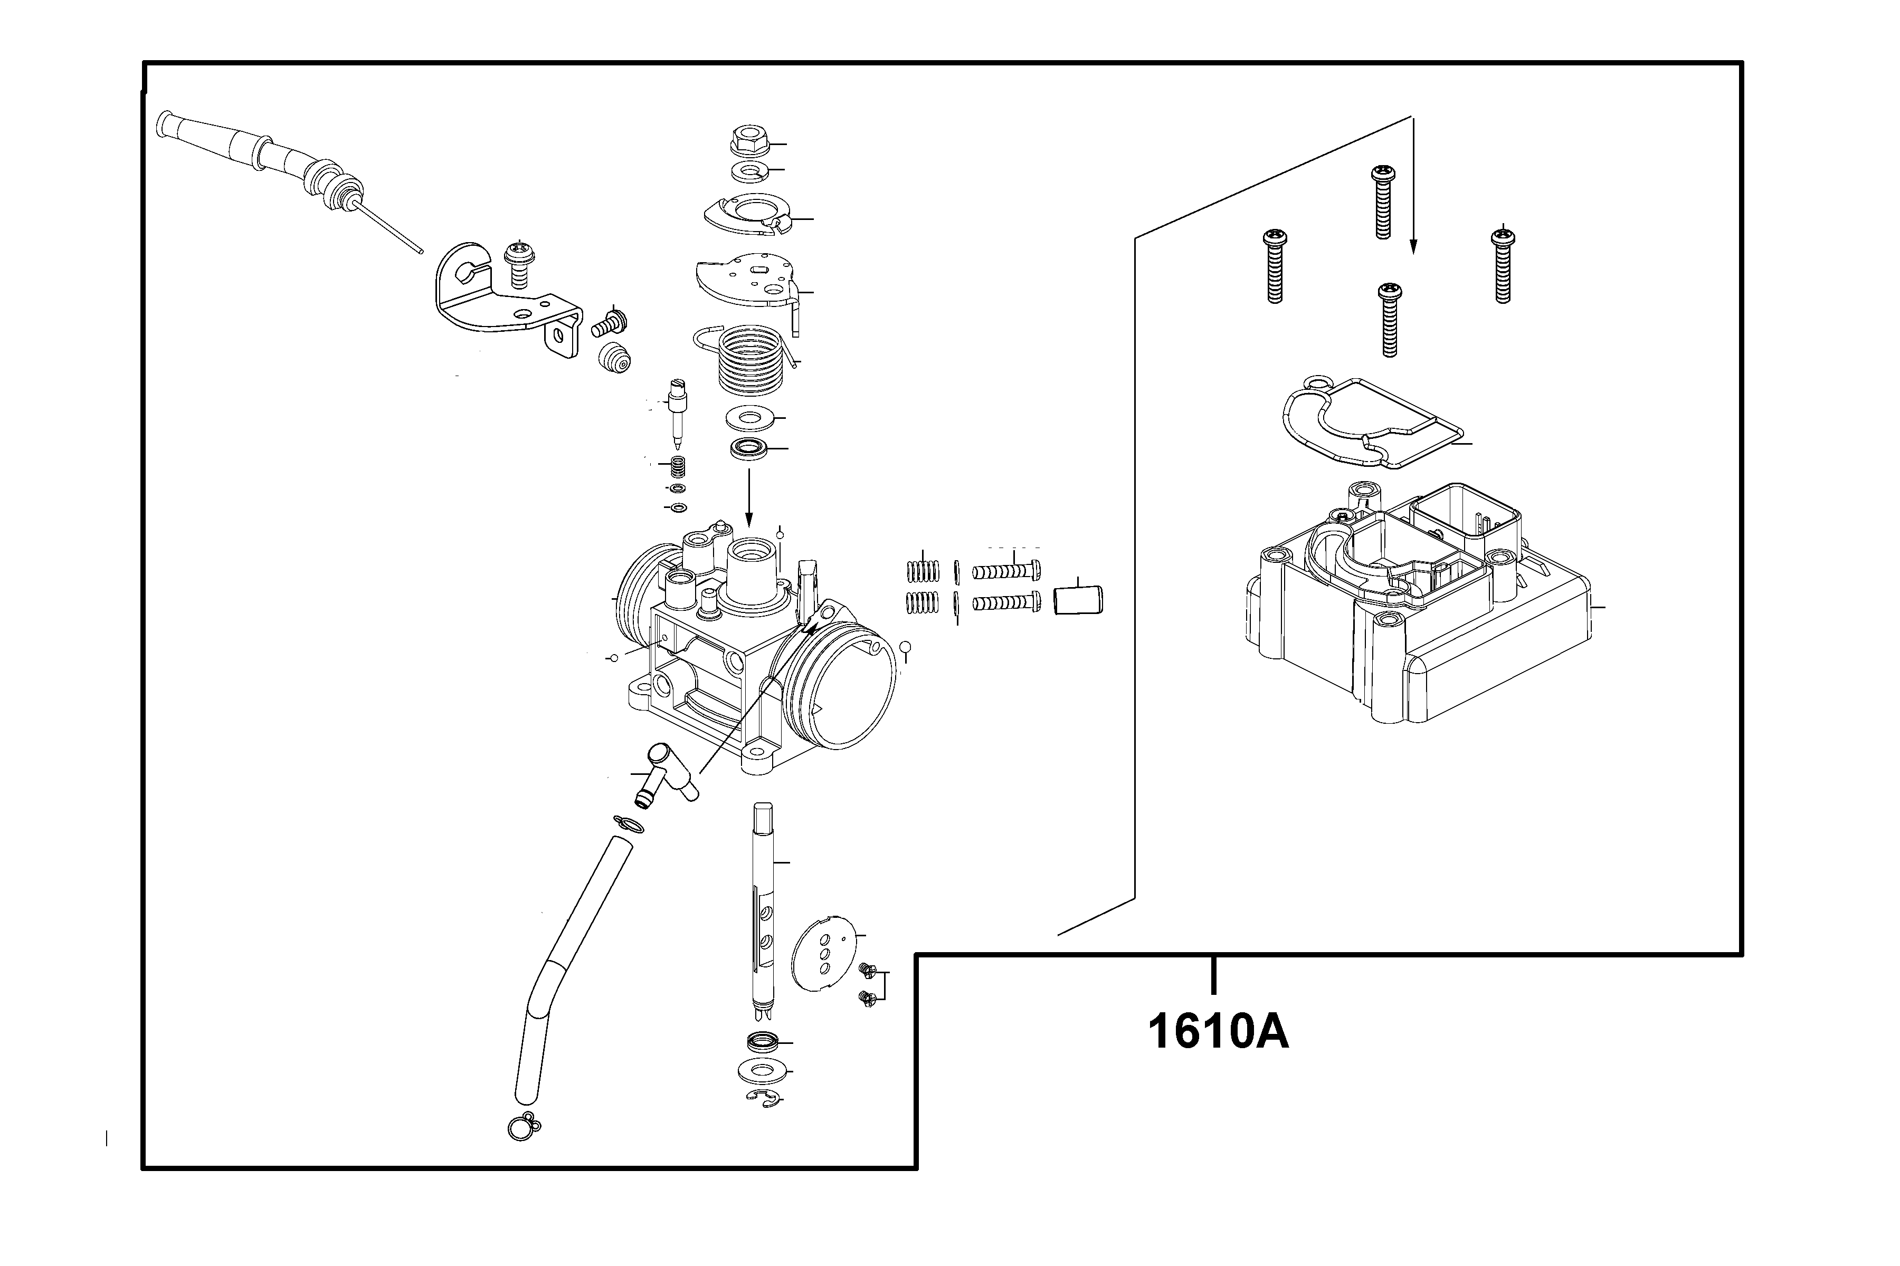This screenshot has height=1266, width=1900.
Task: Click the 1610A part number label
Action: pyautogui.click(x=1218, y=1033)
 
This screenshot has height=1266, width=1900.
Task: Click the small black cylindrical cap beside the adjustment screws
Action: pyautogui.click(x=1078, y=600)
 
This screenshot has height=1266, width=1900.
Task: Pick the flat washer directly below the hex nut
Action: pyautogui.click(x=749, y=171)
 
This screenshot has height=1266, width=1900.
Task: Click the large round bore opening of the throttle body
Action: pyautogui.click(x=844, y=685)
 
